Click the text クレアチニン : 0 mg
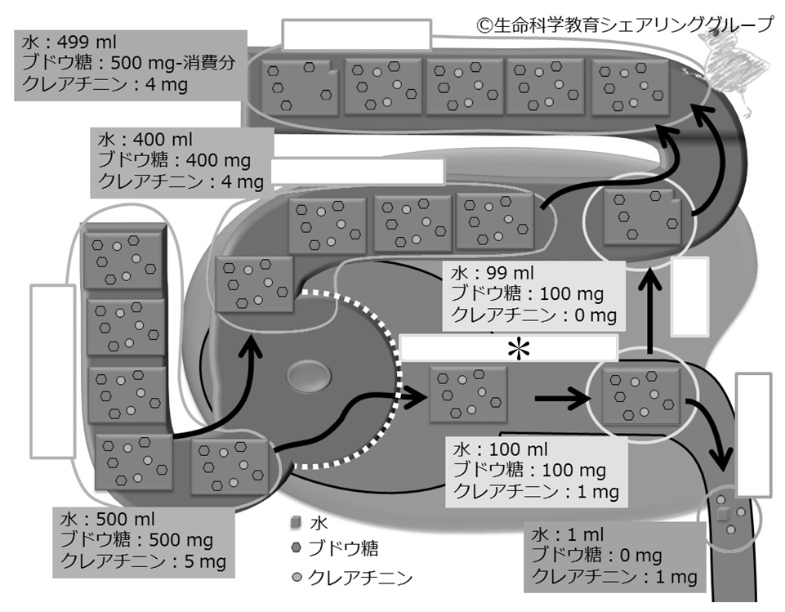528,315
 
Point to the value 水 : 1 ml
569,535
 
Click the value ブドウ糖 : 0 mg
596,556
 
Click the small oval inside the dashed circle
308,377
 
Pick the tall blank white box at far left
53,371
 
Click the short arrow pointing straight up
650,315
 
